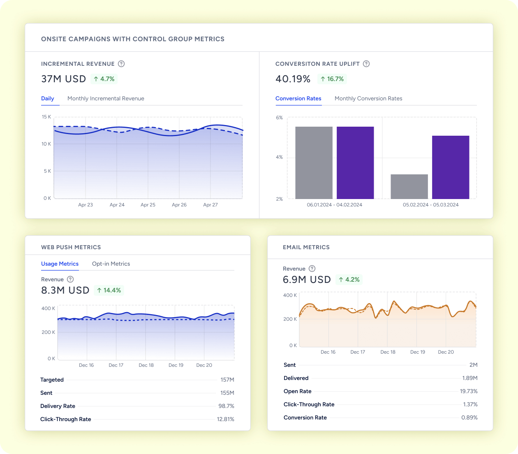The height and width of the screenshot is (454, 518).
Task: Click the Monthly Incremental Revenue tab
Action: point(106,99)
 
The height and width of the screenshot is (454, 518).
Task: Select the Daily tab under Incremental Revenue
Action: point(48,99)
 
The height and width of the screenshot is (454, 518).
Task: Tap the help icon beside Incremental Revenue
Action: point(121,64)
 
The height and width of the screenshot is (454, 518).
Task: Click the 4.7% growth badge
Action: point(104,79)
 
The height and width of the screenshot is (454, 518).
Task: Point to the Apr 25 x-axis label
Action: point(148,205)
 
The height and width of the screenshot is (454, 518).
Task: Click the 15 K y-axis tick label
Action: point(46,117)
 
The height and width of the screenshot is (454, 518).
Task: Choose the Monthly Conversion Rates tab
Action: point(368,99)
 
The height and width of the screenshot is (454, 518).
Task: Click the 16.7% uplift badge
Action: point(332,79)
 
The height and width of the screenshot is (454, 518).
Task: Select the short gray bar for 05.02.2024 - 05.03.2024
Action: point(409,187)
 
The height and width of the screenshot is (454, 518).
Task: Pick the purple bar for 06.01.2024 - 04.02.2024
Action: point(355,163)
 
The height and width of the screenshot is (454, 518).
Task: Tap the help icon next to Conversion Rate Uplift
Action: point(366,64)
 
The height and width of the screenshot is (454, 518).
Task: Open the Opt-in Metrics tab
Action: point(111,264)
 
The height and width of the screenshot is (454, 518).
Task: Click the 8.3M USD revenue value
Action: point(65,290)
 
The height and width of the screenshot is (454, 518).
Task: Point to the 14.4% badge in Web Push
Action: point(109,290)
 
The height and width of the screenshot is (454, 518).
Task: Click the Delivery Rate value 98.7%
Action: point(226,406)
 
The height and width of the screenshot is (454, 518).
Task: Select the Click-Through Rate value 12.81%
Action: point(225,419)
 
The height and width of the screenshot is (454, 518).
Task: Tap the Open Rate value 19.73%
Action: point(469,391)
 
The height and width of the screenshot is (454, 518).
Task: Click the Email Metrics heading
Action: point(306,247)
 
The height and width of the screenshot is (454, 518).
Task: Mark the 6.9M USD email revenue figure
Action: point(307,280)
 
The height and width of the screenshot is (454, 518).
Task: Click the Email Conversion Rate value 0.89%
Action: point(469,418)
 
